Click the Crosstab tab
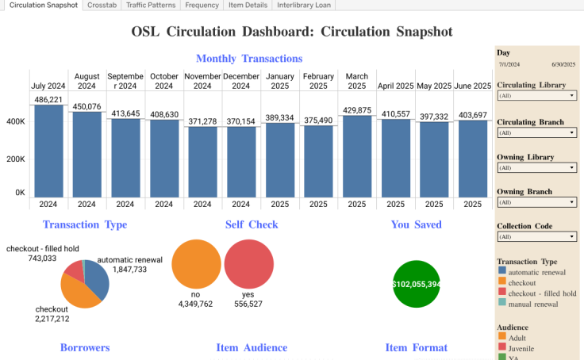point(102,5)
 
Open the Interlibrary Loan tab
point(304,5)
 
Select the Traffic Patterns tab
point(151,5)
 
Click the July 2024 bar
point(48,151)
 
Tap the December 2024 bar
point(241,162)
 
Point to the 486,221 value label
point(48,100)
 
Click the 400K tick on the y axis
point(15,122)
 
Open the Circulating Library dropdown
point(537,95)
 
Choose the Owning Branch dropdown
point(537,202)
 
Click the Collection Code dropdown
point(537,236)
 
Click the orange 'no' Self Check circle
point(195,264)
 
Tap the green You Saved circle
point(417,283)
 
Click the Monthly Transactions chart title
point(248,59)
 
